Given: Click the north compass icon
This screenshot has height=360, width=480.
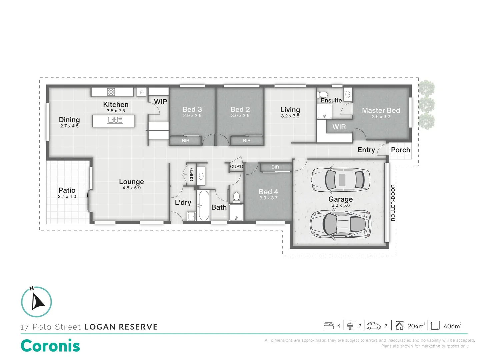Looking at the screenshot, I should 37,302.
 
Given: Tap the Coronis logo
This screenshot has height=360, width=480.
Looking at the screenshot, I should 50,346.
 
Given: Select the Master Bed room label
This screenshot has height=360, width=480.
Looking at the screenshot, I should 381,110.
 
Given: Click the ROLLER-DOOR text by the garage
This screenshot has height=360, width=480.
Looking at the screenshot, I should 393,203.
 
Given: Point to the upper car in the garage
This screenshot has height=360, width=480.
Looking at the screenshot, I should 340,180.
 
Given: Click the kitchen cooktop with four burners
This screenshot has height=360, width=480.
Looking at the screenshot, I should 111,92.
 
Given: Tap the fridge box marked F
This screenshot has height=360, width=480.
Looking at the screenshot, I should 142,92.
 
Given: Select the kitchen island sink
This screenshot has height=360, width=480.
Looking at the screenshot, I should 115,120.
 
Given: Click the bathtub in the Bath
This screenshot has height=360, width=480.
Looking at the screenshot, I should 203,205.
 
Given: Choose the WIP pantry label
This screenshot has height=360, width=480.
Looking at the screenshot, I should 160,102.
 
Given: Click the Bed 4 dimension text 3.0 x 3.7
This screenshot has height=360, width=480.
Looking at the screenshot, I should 268,198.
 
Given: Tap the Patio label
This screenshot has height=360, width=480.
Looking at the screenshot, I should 67,190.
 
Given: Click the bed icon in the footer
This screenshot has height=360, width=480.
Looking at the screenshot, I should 329,326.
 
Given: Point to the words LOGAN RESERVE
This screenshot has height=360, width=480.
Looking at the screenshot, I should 121,327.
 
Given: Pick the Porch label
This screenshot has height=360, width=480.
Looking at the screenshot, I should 400,150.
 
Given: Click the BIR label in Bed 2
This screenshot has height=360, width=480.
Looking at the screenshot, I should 247,141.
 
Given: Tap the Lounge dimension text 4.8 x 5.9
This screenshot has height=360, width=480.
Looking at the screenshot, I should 131,188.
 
